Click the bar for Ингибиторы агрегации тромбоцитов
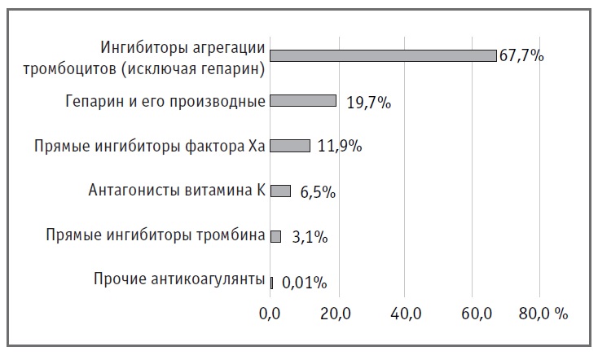(383, 55)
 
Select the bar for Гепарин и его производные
(303, 101)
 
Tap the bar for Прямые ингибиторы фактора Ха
(290, 146)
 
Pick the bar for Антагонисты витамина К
(280, 191)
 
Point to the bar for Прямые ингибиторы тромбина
(275, 236)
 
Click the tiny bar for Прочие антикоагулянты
(271, 281)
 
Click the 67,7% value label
(521, 56)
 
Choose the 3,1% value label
(306, 238)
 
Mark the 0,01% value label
(304, 283)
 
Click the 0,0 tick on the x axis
(270, 314)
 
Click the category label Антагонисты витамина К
(177, 191)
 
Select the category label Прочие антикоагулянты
(179, 281)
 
